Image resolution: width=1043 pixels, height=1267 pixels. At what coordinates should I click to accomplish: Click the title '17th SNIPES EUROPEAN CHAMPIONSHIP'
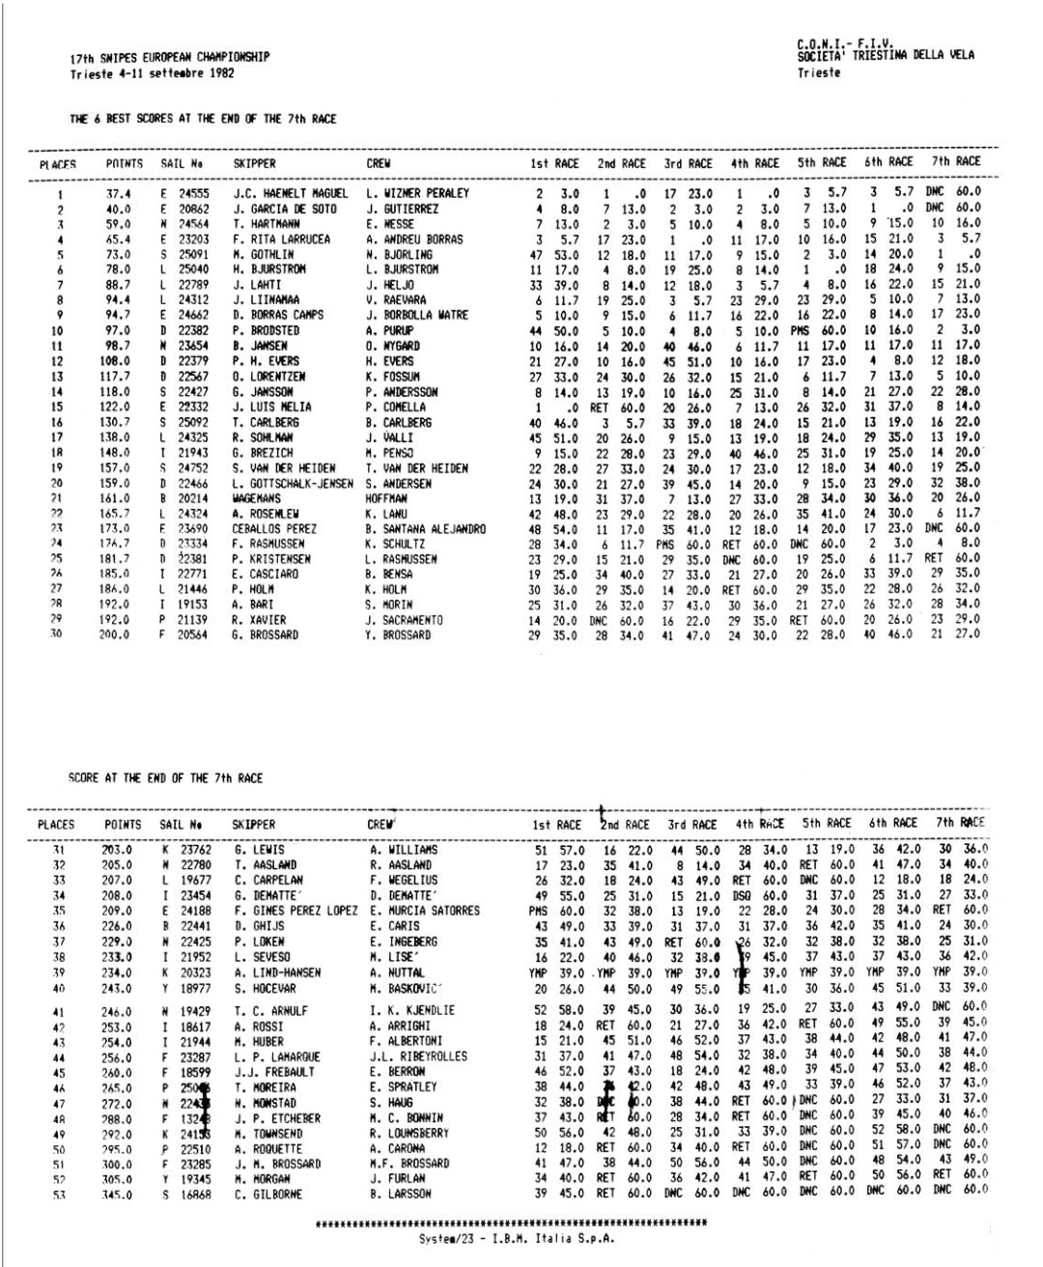coord(169,58)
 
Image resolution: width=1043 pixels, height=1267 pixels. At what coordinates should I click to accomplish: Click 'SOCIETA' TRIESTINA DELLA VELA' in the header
coord(886,55)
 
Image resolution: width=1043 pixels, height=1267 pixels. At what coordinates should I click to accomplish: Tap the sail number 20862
coord(193,209)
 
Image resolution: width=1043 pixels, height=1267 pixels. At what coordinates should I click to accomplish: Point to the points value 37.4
coord(118,193)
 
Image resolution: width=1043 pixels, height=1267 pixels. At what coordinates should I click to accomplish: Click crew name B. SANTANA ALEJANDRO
coord(425,529)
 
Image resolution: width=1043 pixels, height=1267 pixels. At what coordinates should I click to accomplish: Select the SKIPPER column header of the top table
coord(254,164)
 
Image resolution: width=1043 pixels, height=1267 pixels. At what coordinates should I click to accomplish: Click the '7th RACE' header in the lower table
coord(960,823)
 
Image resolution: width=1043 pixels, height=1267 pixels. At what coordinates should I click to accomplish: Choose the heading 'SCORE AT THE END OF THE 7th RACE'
coord(165,777)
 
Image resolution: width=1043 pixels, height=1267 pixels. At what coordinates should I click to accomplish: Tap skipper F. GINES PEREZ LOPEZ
coord(295,911)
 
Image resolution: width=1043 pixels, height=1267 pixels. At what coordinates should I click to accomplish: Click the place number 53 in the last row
coord(60,1195)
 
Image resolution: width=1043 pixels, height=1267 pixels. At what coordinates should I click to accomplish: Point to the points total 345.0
coord(116,1195)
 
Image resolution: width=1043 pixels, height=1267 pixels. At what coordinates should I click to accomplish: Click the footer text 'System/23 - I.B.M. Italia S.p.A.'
coord(516,1239)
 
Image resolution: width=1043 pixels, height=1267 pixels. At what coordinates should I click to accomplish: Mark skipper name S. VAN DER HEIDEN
coord(283,468)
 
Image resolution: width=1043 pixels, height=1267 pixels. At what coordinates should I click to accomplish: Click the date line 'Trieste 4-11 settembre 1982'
coord(152,73)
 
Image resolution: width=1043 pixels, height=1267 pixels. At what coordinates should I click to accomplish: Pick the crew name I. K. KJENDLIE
coord(411,1011)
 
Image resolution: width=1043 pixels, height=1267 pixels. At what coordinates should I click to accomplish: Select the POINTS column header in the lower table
coord(123,825)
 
